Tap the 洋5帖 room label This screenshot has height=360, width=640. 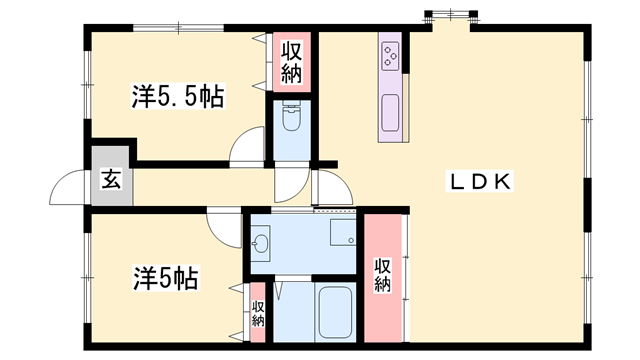click(164, 277)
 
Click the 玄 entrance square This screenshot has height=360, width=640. click(110, 180)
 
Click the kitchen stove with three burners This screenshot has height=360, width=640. click(389, 54)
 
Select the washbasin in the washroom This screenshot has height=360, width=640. click(261, 243)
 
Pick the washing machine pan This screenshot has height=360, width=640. click(343, 235)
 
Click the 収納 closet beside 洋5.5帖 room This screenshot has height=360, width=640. click(291, 61)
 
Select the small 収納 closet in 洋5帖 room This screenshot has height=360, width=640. click(258, 313)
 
